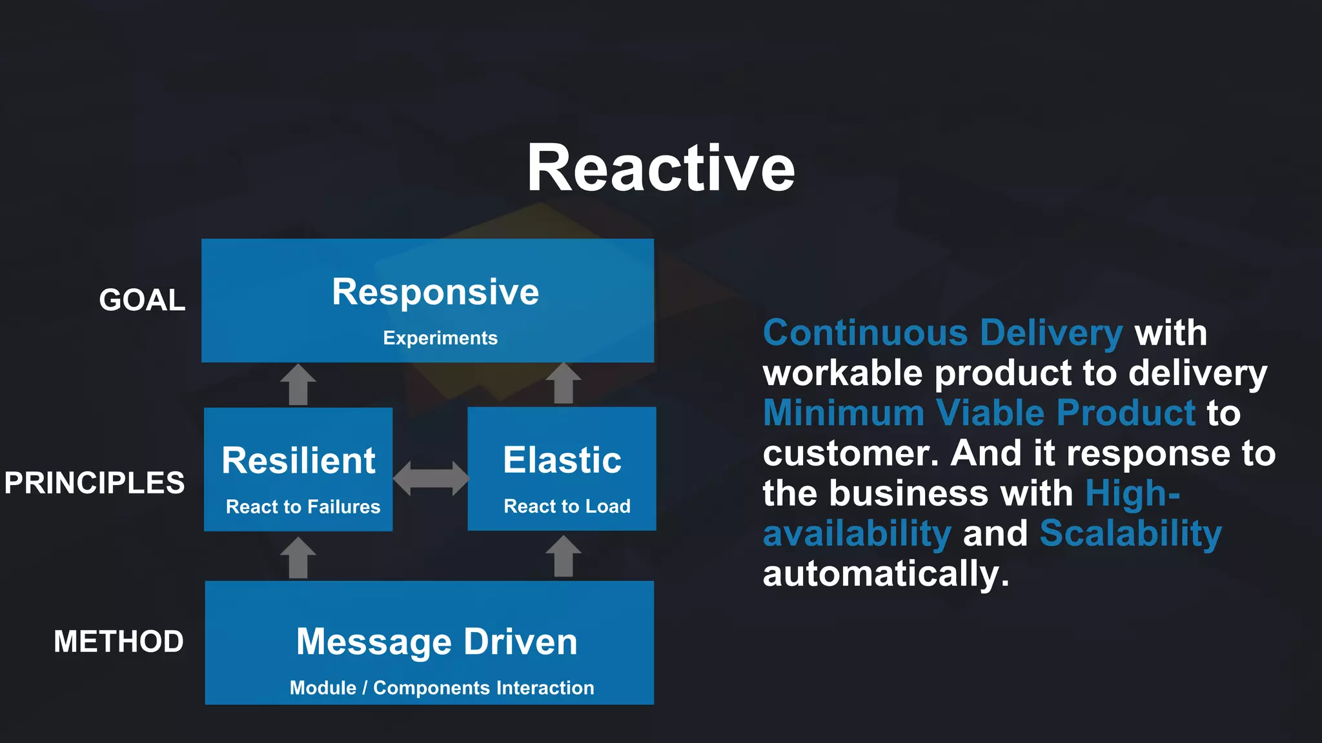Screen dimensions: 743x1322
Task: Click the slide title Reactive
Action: [660, 169]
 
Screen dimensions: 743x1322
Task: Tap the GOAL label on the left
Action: [142, 301]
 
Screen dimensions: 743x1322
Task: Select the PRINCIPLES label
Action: [94, 483]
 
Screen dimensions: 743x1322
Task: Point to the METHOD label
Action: [119, 642]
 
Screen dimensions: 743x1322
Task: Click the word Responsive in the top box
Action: [435, 292]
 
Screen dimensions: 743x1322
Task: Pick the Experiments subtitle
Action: [440, 338]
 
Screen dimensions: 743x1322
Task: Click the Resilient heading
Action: [298, 461]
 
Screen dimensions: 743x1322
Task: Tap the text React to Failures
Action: [303, 507]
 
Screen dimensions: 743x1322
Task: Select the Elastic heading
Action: [562, 461]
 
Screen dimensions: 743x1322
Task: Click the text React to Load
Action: [567, 506]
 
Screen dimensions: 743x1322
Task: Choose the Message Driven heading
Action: [436, 642]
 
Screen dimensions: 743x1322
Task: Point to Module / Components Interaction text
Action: [442, 688]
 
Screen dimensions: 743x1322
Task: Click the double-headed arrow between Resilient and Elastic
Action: [431, 479]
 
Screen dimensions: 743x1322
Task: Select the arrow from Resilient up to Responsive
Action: [298, 385]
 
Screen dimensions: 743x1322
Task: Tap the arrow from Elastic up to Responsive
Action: [564, 384]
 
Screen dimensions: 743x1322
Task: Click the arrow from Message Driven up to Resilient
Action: [298, 558]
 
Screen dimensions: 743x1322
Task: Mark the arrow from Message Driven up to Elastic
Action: [564, 557]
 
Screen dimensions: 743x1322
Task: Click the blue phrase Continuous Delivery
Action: [942, 333]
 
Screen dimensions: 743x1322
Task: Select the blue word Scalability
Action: [1130, 534]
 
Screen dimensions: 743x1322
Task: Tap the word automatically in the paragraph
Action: [885, 574]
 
